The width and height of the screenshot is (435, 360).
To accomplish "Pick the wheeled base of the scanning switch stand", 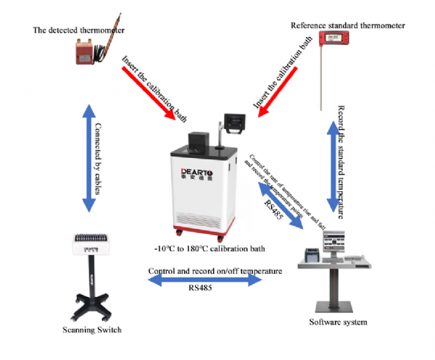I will [92, 308].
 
